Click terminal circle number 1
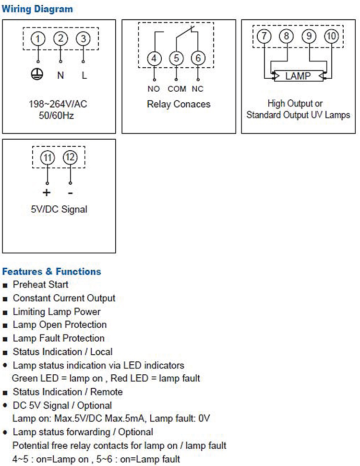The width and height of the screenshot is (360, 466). (x=38, y=39)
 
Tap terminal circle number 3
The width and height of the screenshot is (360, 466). (x=84, y=39)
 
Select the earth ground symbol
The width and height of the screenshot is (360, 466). (x=38, y=74)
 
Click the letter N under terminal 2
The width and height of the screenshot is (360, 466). (x=60, y=75)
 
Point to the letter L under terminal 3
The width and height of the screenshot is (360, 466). (x=84, y=75)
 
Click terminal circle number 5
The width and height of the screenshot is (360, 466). (x=176, y=59)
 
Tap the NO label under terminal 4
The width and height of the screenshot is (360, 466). (x=154, y=89)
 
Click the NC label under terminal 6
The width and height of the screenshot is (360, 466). (x=198, y=89)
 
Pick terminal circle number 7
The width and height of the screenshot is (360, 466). (x=264, y=36)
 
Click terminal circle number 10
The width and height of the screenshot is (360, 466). (x=331, y=36)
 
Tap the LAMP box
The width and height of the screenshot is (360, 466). (x=298, y=76)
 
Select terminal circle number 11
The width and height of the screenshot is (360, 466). (x=48, y=158)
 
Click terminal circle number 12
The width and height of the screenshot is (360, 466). (x=70, y=158)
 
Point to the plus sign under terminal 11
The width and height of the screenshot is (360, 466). (x=47, y=193)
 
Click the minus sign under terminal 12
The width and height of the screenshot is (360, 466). (x=70, y=193)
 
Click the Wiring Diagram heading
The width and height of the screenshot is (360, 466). (x=37, y=9)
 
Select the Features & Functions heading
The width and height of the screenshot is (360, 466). (x=51, y=271)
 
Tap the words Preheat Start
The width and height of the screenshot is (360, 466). (x=40, y=285)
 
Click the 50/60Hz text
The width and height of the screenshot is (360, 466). (x=58, y=116)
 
